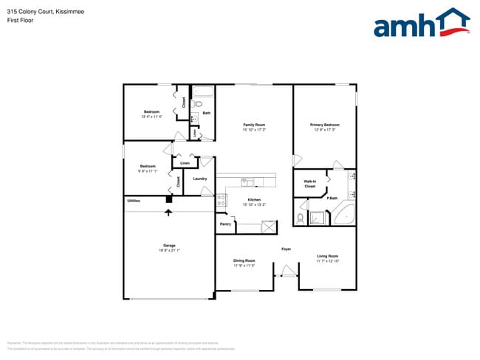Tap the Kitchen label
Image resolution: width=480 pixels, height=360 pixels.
254,200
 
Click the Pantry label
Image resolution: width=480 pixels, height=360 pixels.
225,224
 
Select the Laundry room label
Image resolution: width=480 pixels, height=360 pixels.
199,179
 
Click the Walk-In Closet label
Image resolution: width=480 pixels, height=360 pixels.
310,184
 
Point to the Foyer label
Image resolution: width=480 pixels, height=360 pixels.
286,249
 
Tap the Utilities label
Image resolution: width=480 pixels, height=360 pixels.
134,201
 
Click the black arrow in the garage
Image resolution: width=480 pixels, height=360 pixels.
168,212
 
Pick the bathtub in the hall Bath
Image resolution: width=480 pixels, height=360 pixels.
203,92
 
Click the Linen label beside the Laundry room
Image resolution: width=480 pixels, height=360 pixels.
185,162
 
